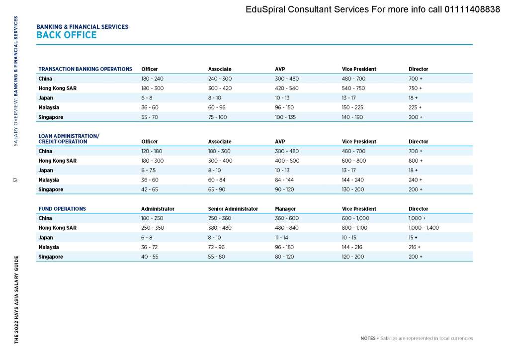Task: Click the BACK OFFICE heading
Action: coord(67,35)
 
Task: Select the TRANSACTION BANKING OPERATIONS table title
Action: coord(85,69)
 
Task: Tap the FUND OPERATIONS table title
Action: coord(62,209)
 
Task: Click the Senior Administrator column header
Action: coord(233,209)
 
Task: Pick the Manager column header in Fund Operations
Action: coord(285,209)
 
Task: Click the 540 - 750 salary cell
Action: coord(353,89)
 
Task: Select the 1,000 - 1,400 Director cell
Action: coord(424,228)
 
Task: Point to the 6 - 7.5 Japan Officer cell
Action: coord(149,171)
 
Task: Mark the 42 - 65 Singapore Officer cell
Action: coord(150,189)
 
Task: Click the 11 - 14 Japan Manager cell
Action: coord(282,238)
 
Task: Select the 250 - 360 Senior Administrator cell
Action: coord(220,218)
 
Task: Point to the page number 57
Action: coord(16,180)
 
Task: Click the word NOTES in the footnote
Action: coord(368,339)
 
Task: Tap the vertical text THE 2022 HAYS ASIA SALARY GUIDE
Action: coord(16,299)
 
